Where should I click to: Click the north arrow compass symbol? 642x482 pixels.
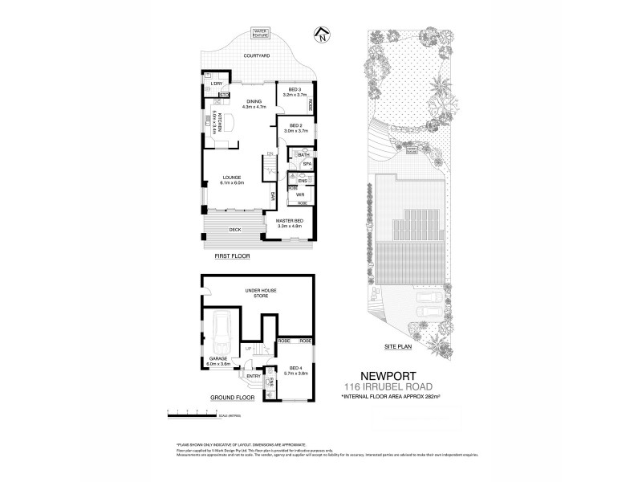[322, 35]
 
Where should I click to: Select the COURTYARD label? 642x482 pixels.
[258, 56]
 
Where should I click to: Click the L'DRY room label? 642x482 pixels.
[215, 84]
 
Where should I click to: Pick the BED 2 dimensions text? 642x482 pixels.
[295, 131]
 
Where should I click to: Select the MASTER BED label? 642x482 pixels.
[290, 223]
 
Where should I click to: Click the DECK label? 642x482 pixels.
[234, 230]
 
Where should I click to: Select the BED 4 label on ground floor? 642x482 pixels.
[295, 370]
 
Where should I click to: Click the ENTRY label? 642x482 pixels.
[254, 375]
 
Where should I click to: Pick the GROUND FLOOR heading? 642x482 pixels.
[232, 397]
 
